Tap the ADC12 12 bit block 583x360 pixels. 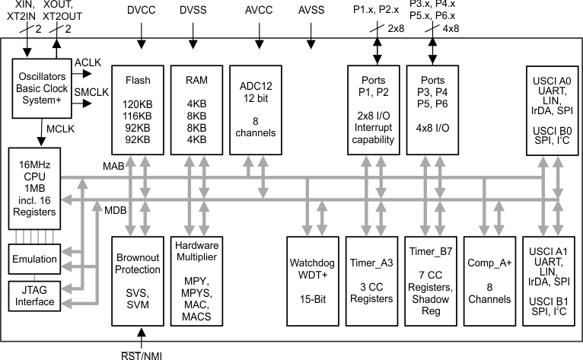[255, 110]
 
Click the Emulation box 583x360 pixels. [33, 260]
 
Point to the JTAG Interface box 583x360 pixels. [33, 295]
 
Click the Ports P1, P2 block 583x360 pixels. [372, 110]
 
